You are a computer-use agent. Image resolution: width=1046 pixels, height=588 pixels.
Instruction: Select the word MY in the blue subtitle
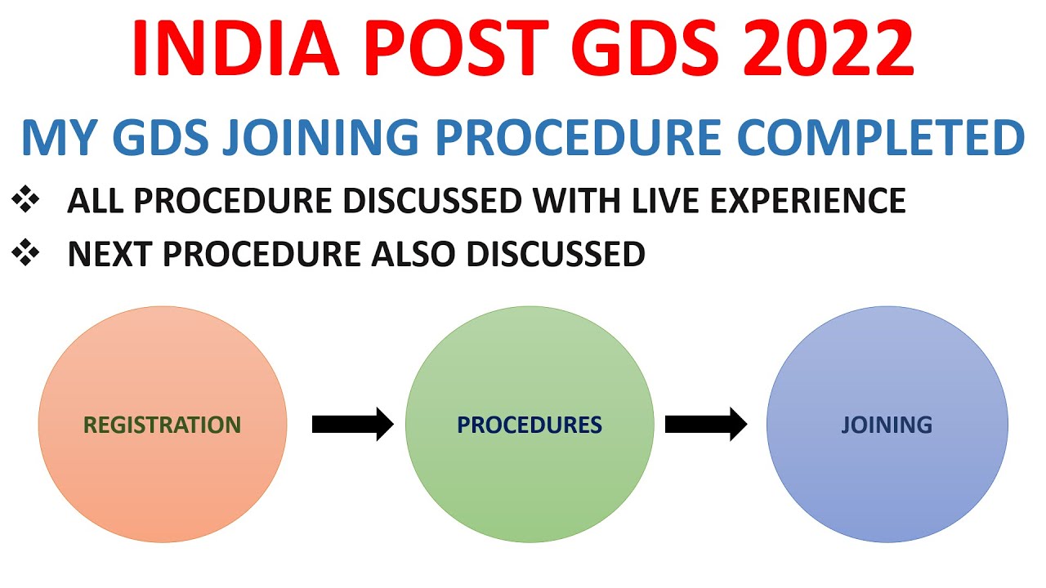click(x=54, y=139)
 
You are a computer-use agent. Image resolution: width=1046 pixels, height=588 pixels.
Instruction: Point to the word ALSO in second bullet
click(x=415, y=255)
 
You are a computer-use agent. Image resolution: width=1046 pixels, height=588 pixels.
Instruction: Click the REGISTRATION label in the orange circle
click(x=163, y=425)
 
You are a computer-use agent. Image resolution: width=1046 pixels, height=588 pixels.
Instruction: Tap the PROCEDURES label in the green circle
click(x=530, y=425)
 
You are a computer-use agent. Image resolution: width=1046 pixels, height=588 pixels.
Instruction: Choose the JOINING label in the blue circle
click(x=887, y=425)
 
